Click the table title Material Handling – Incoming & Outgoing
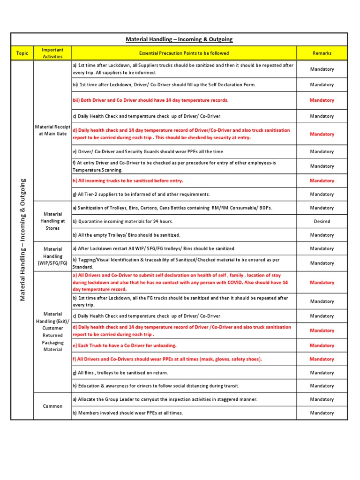(179, 39)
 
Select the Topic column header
(22, 53)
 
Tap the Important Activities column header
(52, 53)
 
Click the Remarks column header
(322, 53)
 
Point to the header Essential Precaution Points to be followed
(184, 53)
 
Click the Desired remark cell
(322, 221)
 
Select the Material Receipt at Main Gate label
(52, 130)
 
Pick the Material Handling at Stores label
(52, 221)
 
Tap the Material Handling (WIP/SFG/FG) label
(52, 256)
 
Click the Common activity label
(52, 406)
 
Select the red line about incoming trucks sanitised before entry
(127, 180)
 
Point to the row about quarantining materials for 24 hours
(123, 221)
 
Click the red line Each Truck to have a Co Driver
(125, 345)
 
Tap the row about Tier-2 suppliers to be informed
(141, 194)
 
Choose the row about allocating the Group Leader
(165, 399)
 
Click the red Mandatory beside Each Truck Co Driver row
(322, 345)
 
